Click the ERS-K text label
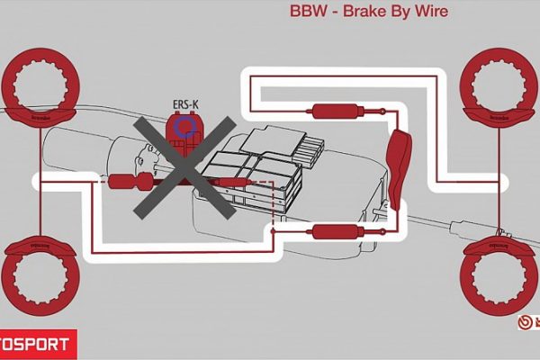(185, 104)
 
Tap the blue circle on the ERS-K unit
(186, 127)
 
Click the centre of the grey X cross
(185, 166)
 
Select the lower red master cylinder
(328, 233)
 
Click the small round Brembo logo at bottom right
(524, 321)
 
